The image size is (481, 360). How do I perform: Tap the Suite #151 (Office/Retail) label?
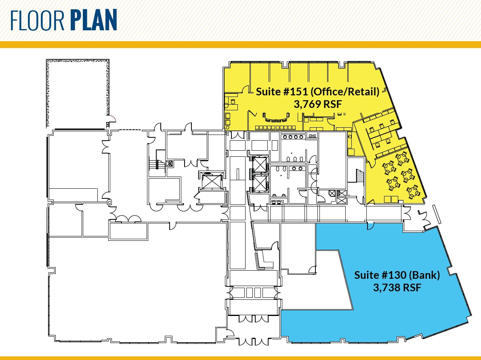click(x=317, y=92)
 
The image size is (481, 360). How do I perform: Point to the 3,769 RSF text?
click(x=318, y=105)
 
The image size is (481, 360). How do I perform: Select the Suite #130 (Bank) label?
click(x=397, y=276)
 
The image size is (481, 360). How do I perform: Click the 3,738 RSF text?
click(x=397, y=288)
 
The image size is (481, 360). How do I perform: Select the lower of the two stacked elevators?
click(x=259, y=183)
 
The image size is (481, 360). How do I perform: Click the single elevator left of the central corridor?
click(x=211, y=180)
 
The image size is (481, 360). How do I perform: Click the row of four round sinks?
click(x=293, y=137)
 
